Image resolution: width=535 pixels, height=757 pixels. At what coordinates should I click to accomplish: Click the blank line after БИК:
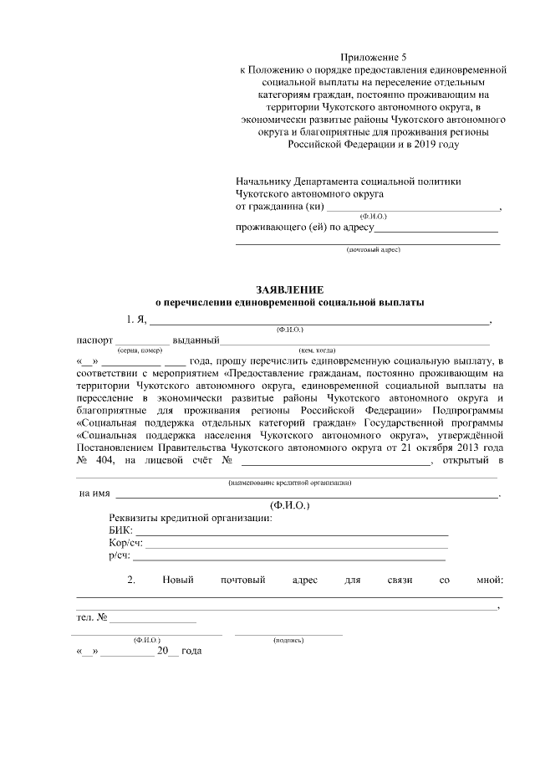(x=292, y=533)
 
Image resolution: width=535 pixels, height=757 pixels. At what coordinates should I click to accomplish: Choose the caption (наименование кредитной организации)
(x=289, y=483)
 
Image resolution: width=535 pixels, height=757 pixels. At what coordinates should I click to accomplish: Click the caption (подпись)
(x=288, y=640)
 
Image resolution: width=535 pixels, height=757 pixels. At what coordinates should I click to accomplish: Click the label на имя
(x=94, y=494)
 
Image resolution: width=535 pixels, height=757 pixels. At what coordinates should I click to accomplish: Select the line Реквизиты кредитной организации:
(x=191, y=519)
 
